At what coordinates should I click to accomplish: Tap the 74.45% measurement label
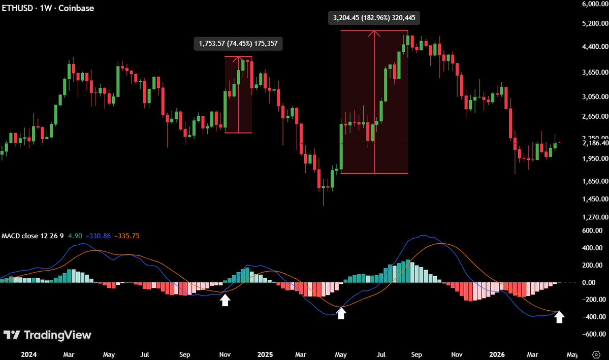[x=238, y=44]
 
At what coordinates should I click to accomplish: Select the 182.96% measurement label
[x=374, y=18]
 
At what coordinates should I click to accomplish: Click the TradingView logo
[x=47, y=335]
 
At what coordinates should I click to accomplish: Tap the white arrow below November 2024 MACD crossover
[x=225, y=300]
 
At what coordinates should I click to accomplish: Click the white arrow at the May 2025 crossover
[x=341, y=313]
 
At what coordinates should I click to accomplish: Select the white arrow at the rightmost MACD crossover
[x=559, y=317]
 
